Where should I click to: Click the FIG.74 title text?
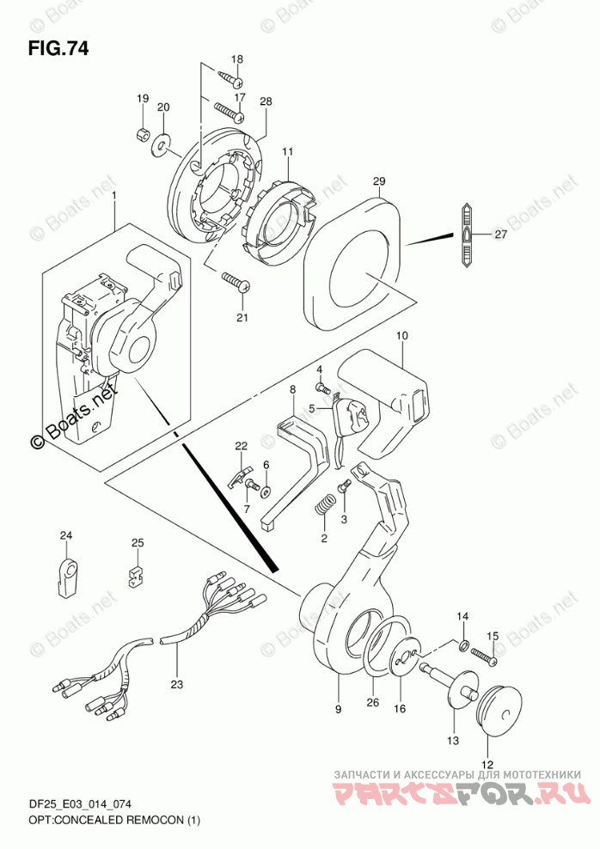pyautogui.click(x=58, y=49)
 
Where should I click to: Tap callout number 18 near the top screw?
pyautogui.click(x=237, y=59)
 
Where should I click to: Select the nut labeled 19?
pyautogui.click(x=143, y=133)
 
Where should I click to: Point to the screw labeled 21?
pyautogui.click(x=236, y=284)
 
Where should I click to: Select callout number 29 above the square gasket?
pyautogui.click(x=379, y=182)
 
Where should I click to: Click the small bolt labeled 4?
pyautogui.click(x=321, y=388)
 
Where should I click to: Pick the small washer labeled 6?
pyautogui.click(x=266, y=492)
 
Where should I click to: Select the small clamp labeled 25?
pyautogui.click(x=135, y=577)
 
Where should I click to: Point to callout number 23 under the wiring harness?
pyautogui.click(x=176, y=684)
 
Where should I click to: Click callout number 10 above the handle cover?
pyautogui.click(x=401, y=336)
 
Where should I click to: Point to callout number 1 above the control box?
pyautogui.click(x=114, y=194)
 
